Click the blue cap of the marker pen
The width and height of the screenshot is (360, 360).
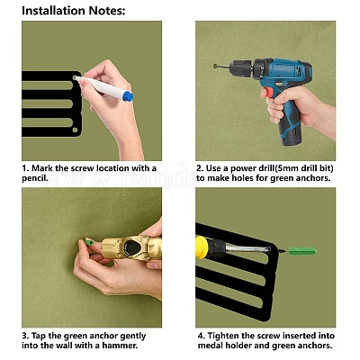[128, 96]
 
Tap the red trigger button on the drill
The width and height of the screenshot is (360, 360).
[269, 92]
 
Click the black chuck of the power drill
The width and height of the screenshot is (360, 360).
[240, 67]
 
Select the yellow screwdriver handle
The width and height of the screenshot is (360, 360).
[202, 247]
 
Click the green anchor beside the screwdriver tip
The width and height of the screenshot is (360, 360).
[302, 251]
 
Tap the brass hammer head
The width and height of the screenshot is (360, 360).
[131, 247]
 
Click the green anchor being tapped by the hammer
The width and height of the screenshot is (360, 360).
[89, 242]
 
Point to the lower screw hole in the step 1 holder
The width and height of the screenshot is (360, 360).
[75, 130]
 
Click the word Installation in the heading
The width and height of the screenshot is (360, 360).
[54, 11]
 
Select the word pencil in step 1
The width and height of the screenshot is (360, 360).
[35, 178]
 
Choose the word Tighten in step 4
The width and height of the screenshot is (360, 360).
[223, 336]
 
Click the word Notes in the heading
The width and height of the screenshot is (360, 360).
[106, 11]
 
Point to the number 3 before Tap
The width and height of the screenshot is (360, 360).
[24, 336]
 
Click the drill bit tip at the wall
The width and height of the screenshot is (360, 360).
[216, 66]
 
